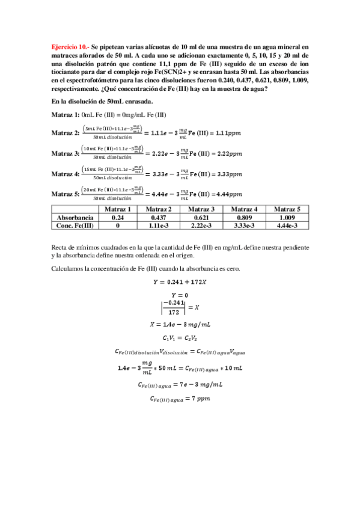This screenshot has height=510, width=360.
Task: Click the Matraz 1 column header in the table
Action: pos(117,209)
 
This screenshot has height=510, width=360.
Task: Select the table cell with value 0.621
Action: pos(202,217)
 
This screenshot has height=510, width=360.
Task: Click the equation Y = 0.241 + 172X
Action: pos(180,281)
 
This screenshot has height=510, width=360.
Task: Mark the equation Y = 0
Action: pos(180,295)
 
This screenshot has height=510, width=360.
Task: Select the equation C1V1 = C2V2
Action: pos(180,339)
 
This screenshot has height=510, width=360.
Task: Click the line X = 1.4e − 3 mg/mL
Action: pos(180,324)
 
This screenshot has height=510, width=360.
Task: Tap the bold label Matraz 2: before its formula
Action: pos(66,132)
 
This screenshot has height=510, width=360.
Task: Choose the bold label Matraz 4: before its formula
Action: pos(66,174)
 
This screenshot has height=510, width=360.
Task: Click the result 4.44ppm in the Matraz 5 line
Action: pos(228,194)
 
